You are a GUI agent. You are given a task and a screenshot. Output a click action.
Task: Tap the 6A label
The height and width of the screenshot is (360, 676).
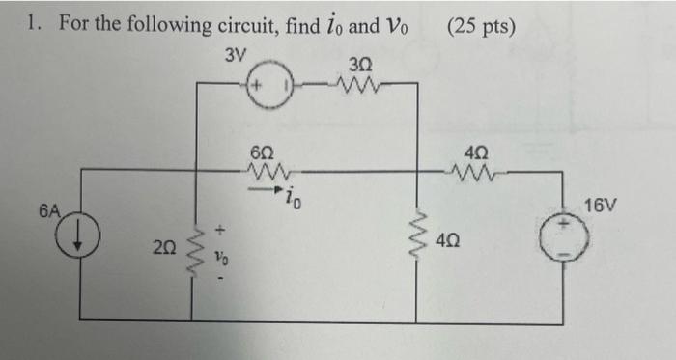click(50, 208)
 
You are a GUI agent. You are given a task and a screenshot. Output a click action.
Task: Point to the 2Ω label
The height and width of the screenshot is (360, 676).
click(163, 249)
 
